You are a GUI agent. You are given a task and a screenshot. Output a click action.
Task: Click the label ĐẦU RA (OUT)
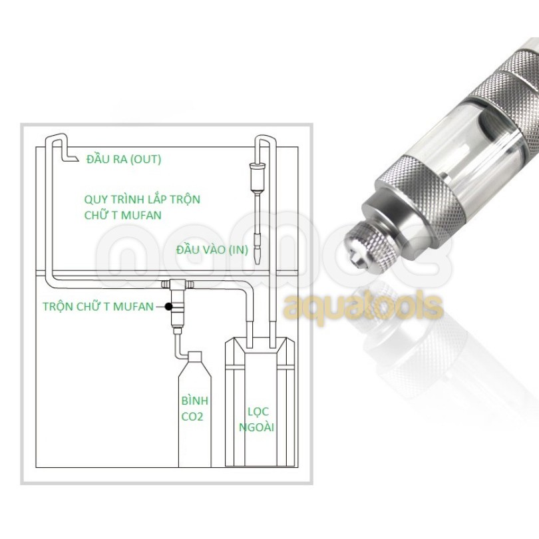(124, 160)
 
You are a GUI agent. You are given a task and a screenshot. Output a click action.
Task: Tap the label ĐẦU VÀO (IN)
(212, 250)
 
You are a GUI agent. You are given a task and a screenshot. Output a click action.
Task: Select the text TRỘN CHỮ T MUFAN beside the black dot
(98, 307)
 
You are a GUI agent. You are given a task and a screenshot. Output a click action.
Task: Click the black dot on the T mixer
(168, 306)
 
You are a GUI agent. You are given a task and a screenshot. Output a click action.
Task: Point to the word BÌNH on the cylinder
(195, 401)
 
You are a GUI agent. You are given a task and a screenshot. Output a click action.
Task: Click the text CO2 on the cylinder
(192, 417)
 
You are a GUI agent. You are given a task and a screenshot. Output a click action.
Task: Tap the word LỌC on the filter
(258, 412)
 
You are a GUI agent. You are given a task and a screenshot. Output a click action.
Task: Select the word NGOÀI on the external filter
(257, 428)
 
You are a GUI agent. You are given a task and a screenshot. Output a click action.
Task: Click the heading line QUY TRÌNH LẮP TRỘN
(142, 200)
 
